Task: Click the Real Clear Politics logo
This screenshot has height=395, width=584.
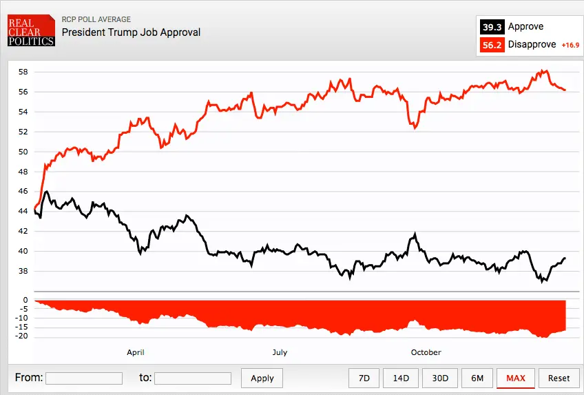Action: point(30,31)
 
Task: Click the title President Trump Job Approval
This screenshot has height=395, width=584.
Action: point(131,32)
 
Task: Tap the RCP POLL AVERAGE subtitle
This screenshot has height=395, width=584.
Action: point(96,19)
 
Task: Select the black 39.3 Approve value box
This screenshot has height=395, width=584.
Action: point(492,27)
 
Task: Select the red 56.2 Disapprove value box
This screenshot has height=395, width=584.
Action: point(492,45)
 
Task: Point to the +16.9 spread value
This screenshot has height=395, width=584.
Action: point(570,45)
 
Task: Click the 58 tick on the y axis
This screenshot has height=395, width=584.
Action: point(23,72)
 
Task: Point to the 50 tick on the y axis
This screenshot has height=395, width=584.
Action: point(23,152)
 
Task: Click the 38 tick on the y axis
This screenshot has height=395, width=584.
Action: point(23,271)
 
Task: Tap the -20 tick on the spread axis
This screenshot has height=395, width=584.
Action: point(21,336)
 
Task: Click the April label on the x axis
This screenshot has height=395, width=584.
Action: point(136,352)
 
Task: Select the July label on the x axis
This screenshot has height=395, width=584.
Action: point(280,352)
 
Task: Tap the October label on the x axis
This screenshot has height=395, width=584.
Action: point(426,352)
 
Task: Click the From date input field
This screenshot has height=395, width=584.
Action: point(83,378)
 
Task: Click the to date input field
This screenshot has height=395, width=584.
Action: point(192,378)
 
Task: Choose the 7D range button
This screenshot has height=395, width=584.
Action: point(364,378)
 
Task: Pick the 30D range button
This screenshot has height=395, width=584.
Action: point(440,378)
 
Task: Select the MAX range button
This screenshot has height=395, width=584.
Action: point(515,378)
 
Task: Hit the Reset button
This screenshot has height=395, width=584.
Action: point(559,378)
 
